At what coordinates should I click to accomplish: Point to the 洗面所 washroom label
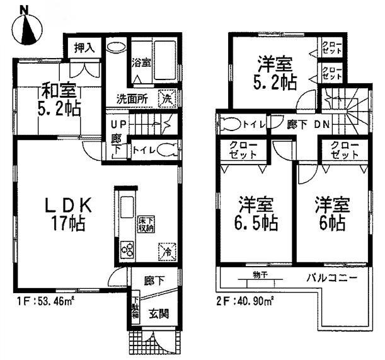(x=131, y=98)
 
